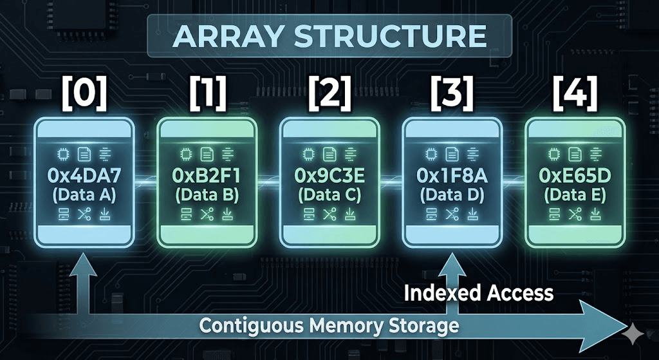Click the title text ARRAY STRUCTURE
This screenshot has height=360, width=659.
click(329, 36)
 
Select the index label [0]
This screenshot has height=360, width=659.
click(84, 94)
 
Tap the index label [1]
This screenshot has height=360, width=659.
click(207, 94)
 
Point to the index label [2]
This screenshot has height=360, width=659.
click(329, 94)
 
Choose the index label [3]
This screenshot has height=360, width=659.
click(452, 94)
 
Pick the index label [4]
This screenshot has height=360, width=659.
click(575, 94)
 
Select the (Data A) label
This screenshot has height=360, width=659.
click(84, 194)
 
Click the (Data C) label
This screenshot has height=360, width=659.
click(329, 194)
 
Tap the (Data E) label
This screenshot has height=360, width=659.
click(575, 194)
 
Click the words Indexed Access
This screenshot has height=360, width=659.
click(479, 293)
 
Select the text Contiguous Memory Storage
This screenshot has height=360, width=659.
click(329, 325)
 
